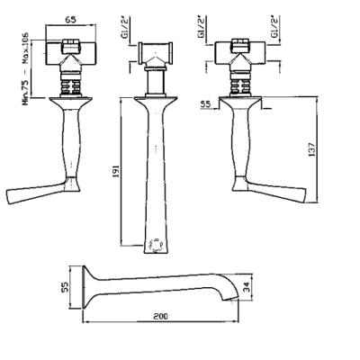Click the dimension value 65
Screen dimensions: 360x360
70,20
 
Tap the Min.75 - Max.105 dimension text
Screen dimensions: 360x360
25,68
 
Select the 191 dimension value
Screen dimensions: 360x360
116,171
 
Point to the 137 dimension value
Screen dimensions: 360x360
312,149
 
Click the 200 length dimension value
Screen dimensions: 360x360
161,316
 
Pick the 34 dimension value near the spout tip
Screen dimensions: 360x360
247,287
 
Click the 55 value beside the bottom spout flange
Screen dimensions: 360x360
66,287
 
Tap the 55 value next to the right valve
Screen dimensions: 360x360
205,104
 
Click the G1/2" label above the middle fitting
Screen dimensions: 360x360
124,27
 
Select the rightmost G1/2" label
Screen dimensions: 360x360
274,27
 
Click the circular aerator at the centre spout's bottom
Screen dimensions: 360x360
156,245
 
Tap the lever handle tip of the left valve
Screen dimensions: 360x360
9,197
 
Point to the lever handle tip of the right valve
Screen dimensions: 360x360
303,195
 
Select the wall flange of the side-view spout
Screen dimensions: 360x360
85,287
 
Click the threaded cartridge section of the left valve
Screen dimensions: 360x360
71,86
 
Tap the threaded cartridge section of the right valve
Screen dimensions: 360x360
240,86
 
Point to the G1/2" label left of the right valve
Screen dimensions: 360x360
201,27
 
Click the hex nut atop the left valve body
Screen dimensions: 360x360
71,46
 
